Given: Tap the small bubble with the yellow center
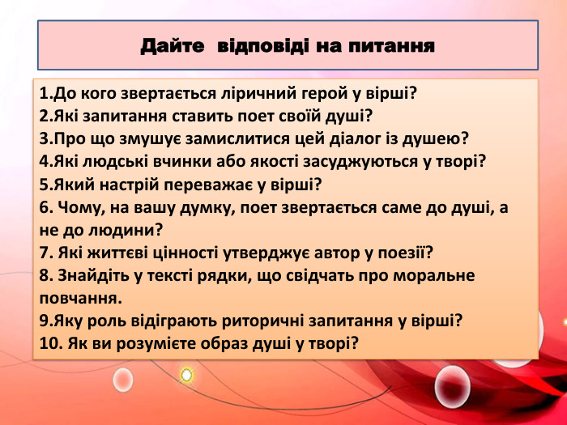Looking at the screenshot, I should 186,374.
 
